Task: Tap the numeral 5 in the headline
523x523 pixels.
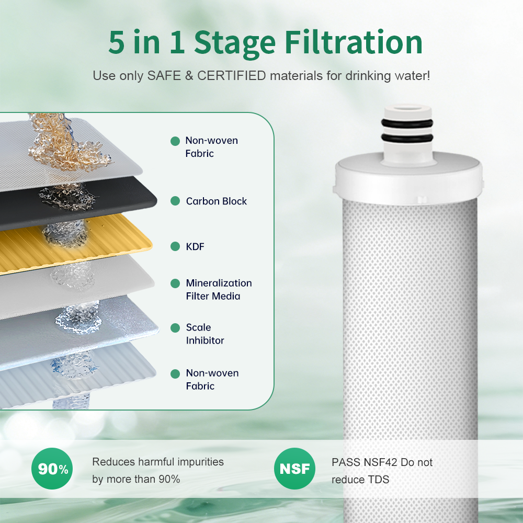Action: click(117, 43)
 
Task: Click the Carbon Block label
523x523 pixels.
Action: click(216, 201)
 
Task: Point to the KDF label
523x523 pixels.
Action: click(195, 246)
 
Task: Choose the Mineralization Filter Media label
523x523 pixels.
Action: click(219, 289)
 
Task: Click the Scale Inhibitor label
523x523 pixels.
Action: click(205, 334)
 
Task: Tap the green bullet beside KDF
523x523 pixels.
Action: click(175, 246)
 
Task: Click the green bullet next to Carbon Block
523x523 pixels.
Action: click(175, 201)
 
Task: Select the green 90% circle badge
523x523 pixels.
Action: click(52, 469)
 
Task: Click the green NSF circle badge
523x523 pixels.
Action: click(294, 469)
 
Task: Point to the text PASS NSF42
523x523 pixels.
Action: click(365, 463)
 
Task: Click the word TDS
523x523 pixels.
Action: click(378, 479)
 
